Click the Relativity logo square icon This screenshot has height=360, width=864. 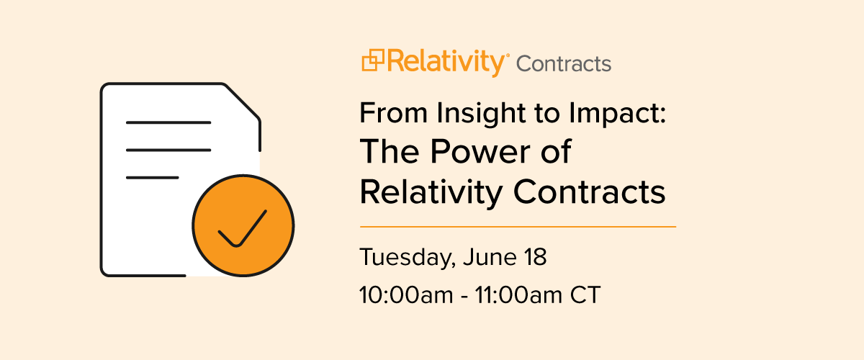pos(373,60)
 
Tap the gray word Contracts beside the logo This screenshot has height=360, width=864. pos(564,63)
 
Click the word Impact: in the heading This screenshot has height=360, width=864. pos(618,114)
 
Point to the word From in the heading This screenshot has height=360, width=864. pos(393,113)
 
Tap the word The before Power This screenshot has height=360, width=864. pos(390,152)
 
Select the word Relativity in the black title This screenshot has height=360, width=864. pos(431,192)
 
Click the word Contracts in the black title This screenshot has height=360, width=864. pos(590,192)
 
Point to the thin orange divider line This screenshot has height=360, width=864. pos(518,227)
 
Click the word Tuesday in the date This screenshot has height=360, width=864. pos(405,258)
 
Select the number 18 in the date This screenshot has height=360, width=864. pos(536,257)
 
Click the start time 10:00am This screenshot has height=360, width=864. pos(406,295)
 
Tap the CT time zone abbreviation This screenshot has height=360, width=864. pos(585,295)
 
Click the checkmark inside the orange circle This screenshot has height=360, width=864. pos(242,228)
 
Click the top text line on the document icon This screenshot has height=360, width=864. pos(168,122)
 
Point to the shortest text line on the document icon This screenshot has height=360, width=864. pos(153,178)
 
